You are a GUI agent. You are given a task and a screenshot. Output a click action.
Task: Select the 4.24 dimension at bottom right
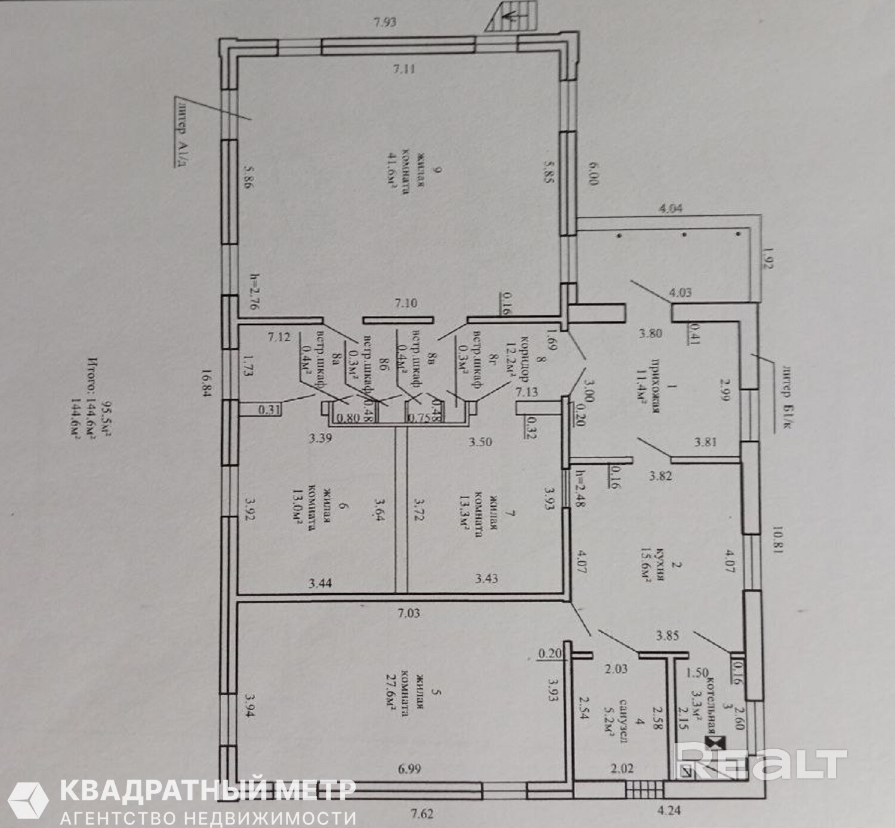(669, 811)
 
